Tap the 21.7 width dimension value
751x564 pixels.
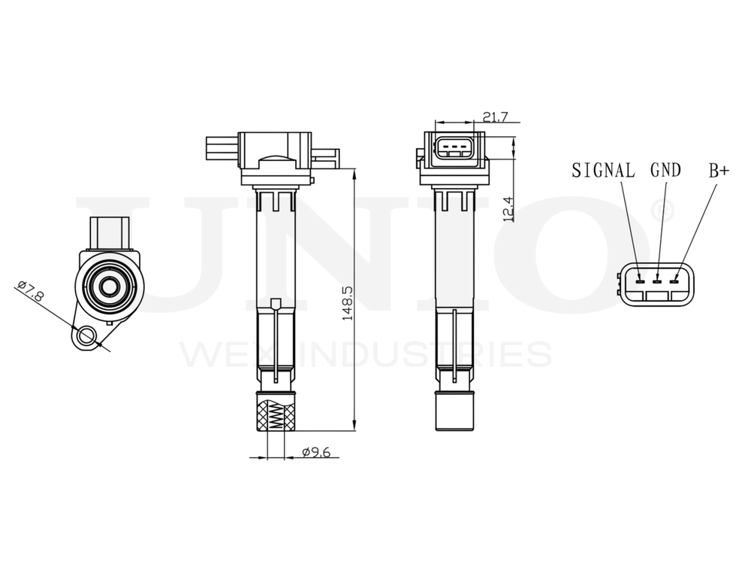(496, 117)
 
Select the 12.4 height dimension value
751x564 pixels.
(509, 208)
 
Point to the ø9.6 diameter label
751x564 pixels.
(316, 453)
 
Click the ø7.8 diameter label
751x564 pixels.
(31, 290)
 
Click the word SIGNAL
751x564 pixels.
(603, 171)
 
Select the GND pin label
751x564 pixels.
(665, 171)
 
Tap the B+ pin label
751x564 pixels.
(719, 171)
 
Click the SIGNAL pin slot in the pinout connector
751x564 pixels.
(639, 282)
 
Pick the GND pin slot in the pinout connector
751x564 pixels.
(657, 282)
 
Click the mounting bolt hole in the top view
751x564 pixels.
(86, 335)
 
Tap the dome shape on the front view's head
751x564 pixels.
(275, 160)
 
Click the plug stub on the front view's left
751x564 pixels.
(220, 148)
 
